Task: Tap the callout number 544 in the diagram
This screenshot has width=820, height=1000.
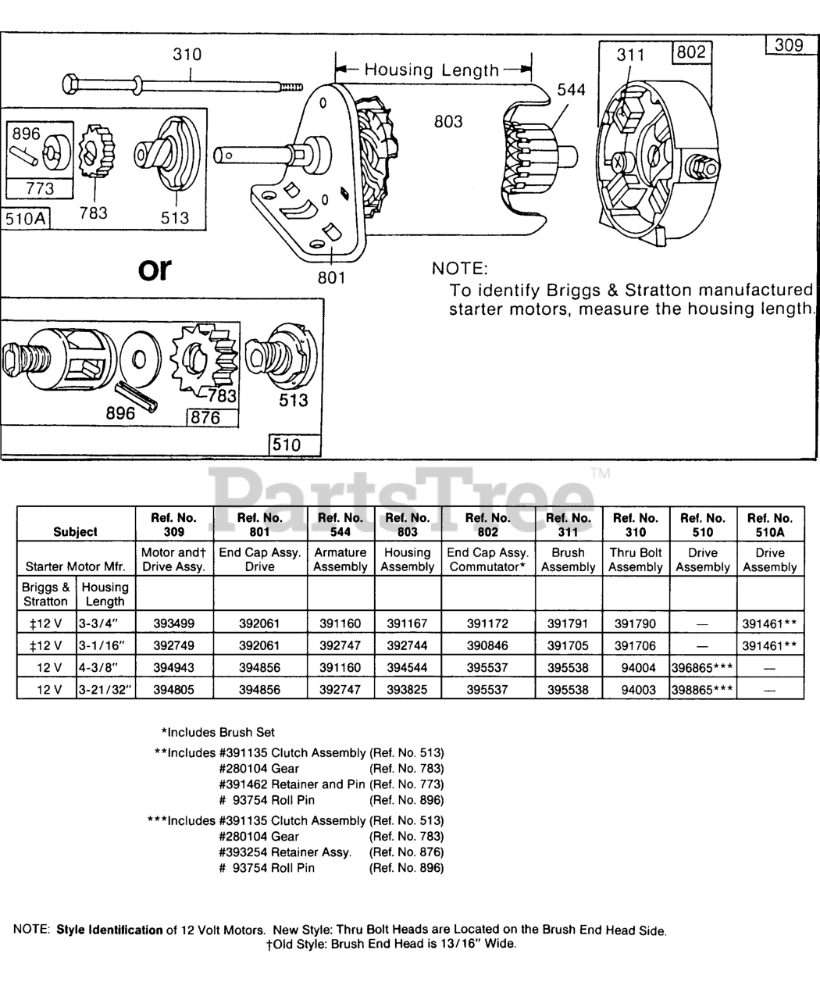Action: pyautogui.click(x=571, y=90)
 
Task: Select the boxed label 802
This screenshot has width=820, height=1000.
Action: pyautogui.click(x=692, y=52)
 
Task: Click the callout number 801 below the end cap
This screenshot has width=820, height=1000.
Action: pyautogui.click(x=331, y=278)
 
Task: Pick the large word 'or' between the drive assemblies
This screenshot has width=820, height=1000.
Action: pyautogui.click(x=155, y=269)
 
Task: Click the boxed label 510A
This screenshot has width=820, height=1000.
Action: pyautogui.click(x=26, y=219)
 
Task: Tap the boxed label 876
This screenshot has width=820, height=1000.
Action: pyautogui.click(x=212, y=418)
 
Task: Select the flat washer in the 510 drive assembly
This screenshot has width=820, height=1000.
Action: pyautogui.click(x=140, y=359)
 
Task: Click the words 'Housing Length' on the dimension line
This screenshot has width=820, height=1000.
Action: pyautogui.click(x=432, y=70)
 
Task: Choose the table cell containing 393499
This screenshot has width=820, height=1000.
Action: pyautogui.click(x=174, y=623)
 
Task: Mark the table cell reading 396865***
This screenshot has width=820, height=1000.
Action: pyautogui.click(x=703, y=668)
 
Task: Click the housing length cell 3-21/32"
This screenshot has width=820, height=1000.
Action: pyautogui.click(x=105, y=689)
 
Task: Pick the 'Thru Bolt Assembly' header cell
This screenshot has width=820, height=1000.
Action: pyautogui.click(x=636, y=559)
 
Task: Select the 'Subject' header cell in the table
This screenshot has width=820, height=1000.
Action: pyautogui.click(x=76, y=524)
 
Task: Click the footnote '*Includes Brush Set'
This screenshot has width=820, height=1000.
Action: pyautogui.click(x=218, y=732)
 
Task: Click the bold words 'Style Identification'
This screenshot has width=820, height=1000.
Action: pyautogui.click(x=109, y=930)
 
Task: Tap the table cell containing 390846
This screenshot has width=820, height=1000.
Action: pyautogui.click(x=488, y=645)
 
